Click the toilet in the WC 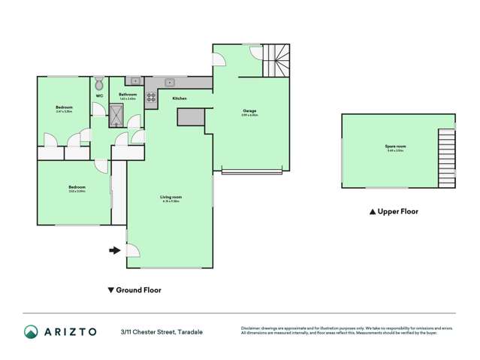tap(98, 82)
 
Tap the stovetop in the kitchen tap(150, 96)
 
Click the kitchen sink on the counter tap(171, 81)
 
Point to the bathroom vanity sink tap(134, 80)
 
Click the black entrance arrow tap(115, 250)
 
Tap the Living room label tap(171, 197)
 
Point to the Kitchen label tap(180, 99)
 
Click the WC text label tap(98, 95)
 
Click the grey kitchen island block tap(191, 116)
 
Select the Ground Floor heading tap(138, 289)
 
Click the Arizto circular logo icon tap(31, 331)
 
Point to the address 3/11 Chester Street tap(161, 331)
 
